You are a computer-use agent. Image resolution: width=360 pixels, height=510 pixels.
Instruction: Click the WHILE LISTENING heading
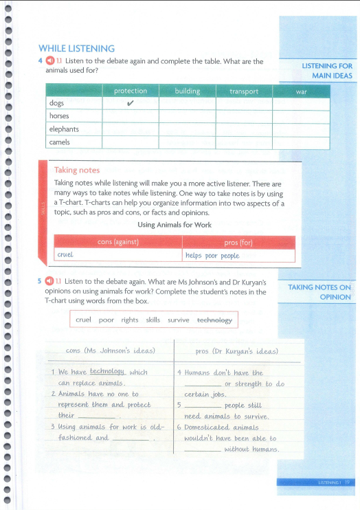coord(76,48)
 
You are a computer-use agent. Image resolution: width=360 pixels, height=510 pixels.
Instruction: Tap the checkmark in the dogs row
coord(131,104)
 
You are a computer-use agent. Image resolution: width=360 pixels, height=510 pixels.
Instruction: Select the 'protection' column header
coord(131,91)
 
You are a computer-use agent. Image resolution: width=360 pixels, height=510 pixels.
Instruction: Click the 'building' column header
coord(188,91)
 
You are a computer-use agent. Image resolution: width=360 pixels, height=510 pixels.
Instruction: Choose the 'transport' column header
coord(244,91)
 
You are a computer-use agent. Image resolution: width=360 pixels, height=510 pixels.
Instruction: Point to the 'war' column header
coord(301,91)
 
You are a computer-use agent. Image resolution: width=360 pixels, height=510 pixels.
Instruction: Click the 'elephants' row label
coord(64,129)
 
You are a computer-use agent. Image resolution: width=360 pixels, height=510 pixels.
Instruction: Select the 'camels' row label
coord(60,142)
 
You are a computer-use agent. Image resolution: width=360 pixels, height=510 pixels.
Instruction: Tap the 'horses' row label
coord(60,116)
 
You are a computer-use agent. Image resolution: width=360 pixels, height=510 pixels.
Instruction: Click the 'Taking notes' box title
coord(76,170)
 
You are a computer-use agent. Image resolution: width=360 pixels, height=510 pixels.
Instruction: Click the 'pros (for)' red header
coord(239,242)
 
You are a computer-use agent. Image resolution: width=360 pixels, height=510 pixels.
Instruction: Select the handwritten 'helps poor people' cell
coord(212,255)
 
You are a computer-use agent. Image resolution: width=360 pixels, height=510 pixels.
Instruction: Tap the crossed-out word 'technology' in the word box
coord(214,320)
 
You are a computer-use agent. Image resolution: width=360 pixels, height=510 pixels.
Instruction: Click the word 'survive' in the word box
coord(177,320)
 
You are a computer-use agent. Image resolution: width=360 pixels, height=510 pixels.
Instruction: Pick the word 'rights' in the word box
coord(130,320)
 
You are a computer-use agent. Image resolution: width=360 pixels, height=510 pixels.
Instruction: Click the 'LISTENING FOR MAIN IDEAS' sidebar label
coord(326,70)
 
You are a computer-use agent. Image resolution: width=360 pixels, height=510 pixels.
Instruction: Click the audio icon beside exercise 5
coord(49,282)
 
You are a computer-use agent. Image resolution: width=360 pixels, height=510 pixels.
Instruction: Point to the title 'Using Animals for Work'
coord(175,225)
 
